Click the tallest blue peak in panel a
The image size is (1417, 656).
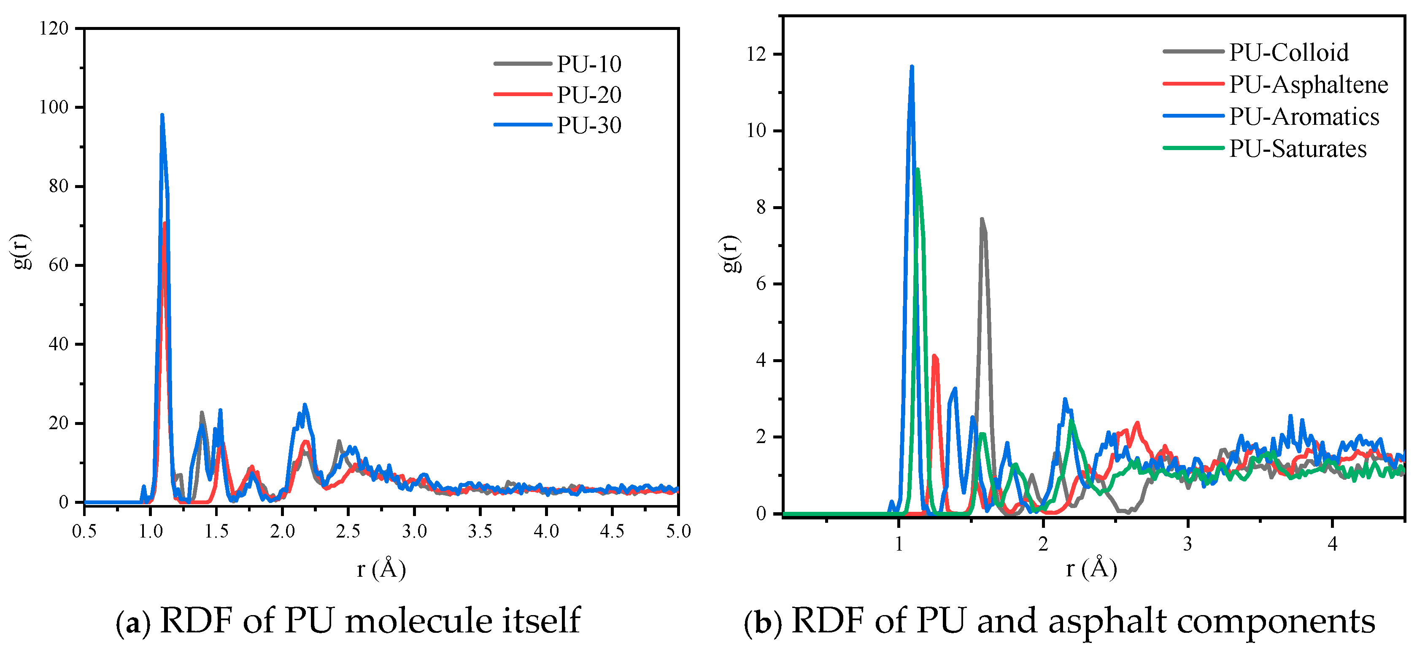pyautogui.click(x=162, y=116)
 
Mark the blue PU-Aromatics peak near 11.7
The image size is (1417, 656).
pyautogui.click(x=912, y=67)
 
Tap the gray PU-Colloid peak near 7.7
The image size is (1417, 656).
pyautogui.click(x=982, y=219)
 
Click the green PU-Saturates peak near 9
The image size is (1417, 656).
pyautogui.click(x=917, y=170)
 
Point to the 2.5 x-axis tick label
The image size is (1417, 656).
pyautogui.click(x=348, y=531)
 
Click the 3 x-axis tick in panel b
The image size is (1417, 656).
pyautogui.click(x=1188, y=544)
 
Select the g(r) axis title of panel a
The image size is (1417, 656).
pyautogui.click(x=22, y=251)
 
